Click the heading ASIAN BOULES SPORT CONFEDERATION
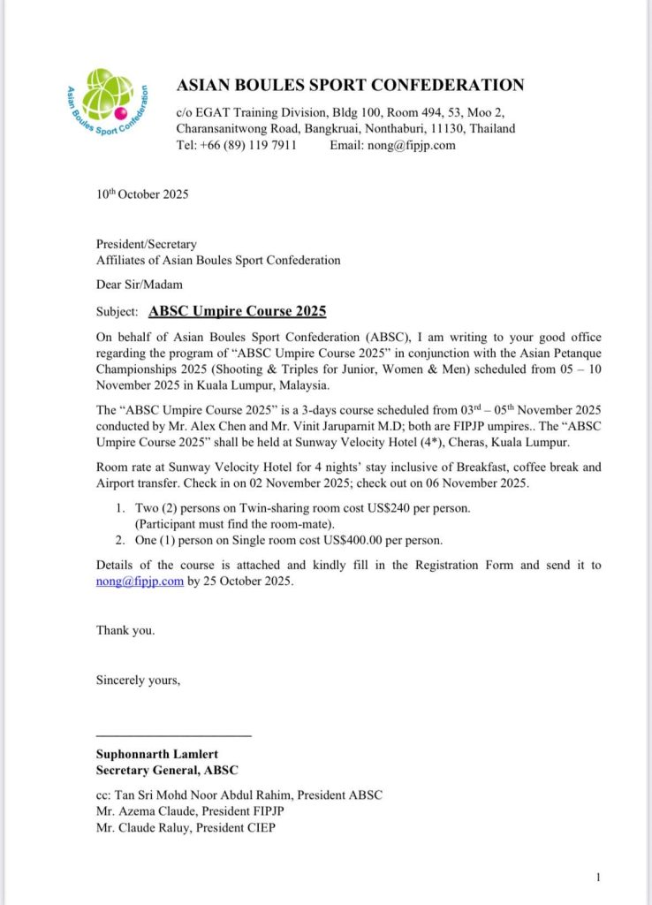point(350,86)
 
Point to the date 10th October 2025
point(142,194)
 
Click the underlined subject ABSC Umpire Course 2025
point(238,311)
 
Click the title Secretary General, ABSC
point(166,770)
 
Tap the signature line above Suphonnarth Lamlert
point(173,736)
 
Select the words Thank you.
point(125,630)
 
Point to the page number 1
point(598,877)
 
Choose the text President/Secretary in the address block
point(146,244)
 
